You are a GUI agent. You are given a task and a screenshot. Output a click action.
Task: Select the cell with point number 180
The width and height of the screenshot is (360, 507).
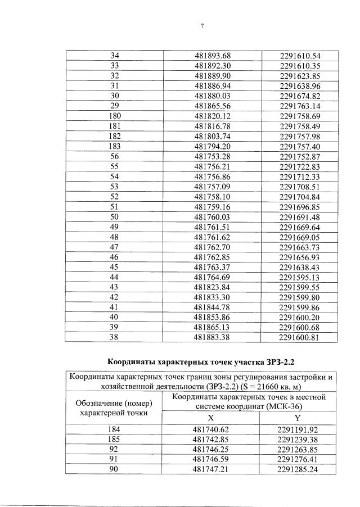pyautogui.click(x=115, y=115)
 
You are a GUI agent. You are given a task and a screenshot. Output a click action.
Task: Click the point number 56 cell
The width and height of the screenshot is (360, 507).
pyautogui.click(x=115, y=156)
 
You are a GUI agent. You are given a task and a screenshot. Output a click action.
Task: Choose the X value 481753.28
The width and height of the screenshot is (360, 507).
pyautogui.click(x=213, y=156)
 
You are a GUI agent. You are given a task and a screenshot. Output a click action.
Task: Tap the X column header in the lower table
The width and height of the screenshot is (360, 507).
pyautogui.click(x=211, y=418)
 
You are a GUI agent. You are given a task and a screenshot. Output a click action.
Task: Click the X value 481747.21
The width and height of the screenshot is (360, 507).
pyautogui.click(x=211, y=470)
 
